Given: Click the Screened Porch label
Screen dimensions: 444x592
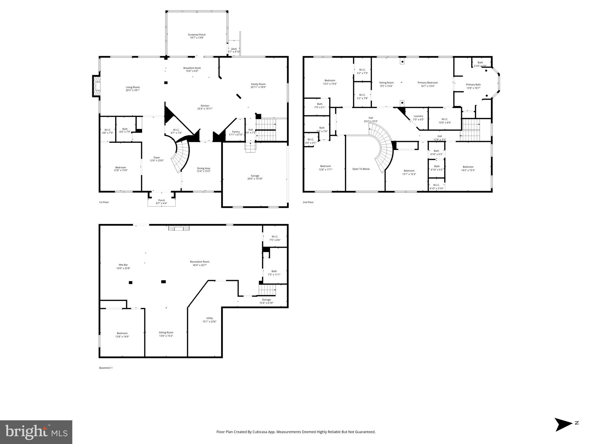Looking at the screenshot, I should [197, 35].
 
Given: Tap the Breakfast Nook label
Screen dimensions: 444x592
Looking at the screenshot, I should [192, 68].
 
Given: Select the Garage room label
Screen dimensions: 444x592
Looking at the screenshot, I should [255, 176].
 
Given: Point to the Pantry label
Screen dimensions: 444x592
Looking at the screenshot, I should [236, 132].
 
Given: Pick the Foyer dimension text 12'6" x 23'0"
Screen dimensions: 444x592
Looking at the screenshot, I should [156, 161].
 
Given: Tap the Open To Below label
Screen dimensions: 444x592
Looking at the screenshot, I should [361, 169].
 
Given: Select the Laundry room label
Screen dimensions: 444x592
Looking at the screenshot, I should [418, 116].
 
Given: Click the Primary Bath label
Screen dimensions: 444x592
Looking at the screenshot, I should [473, 85].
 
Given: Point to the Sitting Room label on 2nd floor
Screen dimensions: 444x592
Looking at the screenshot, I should [386, 83].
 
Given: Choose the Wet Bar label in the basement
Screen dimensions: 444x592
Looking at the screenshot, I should [123, 265].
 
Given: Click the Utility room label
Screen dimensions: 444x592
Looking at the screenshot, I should [209, 318].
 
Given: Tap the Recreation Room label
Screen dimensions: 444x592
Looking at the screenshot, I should [200, 262].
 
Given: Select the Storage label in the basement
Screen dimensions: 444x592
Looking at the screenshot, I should [266, 300].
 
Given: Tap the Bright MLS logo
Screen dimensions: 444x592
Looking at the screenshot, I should [36, 432].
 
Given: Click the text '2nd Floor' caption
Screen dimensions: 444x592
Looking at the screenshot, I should [308, 202].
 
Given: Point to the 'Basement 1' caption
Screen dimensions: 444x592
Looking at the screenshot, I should [106, 368].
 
